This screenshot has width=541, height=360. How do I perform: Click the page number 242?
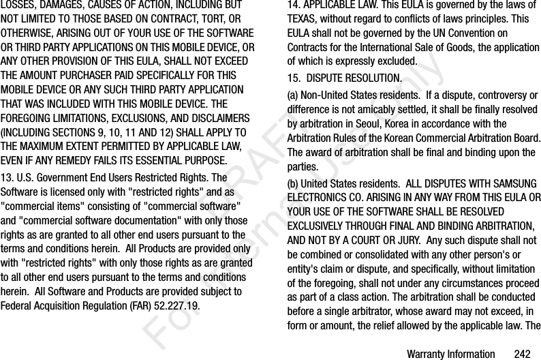[x=522, y=354]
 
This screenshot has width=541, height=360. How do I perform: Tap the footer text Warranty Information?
[x=450, y=354]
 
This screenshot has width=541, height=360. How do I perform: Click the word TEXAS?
[x=304, y=20]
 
